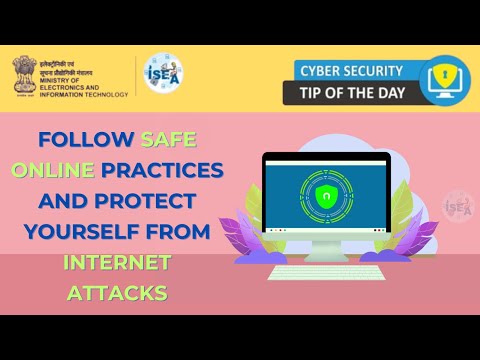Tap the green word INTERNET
tap(118, 264)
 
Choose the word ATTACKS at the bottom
tap(117, 294)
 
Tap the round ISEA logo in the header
tap(163, 75)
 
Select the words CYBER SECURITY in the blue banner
tap(349, 71)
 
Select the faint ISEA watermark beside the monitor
tap(458, 204)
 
